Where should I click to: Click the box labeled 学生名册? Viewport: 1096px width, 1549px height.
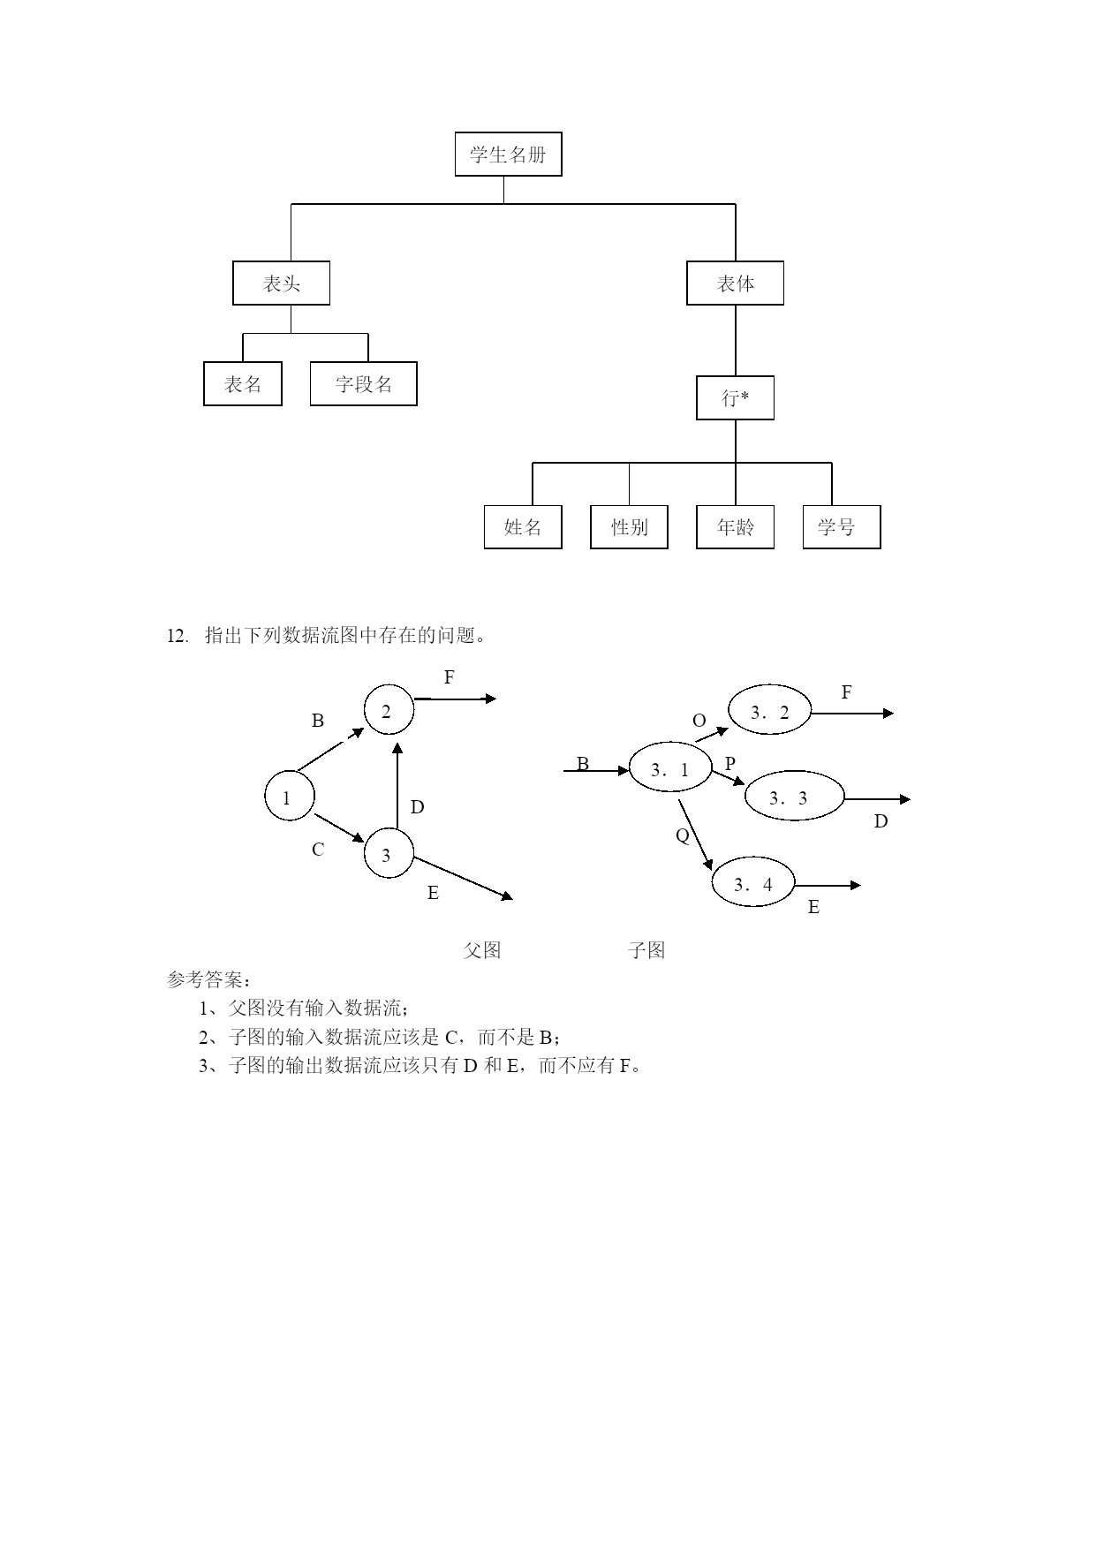508,155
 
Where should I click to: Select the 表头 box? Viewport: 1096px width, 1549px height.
281,283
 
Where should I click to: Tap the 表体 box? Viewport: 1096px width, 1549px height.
735,283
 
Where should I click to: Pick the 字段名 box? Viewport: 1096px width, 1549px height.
363,383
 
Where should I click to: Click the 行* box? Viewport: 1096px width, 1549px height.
735,397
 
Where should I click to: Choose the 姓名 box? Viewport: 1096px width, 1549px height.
523,527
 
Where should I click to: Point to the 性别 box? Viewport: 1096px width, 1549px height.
629,527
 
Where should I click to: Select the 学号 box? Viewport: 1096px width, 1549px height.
842,527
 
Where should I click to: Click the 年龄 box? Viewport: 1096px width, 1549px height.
735,527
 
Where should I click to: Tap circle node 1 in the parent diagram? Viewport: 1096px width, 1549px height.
290,796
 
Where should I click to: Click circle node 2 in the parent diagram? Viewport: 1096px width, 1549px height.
389,709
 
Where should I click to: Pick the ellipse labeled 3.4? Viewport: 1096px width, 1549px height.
753,883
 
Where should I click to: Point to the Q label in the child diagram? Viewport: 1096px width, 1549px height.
683,835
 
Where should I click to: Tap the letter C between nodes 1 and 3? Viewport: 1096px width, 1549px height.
318,850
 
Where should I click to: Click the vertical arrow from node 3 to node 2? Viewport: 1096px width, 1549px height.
397,786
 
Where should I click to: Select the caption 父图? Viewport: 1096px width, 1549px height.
482,950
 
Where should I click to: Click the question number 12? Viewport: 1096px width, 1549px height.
178,636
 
